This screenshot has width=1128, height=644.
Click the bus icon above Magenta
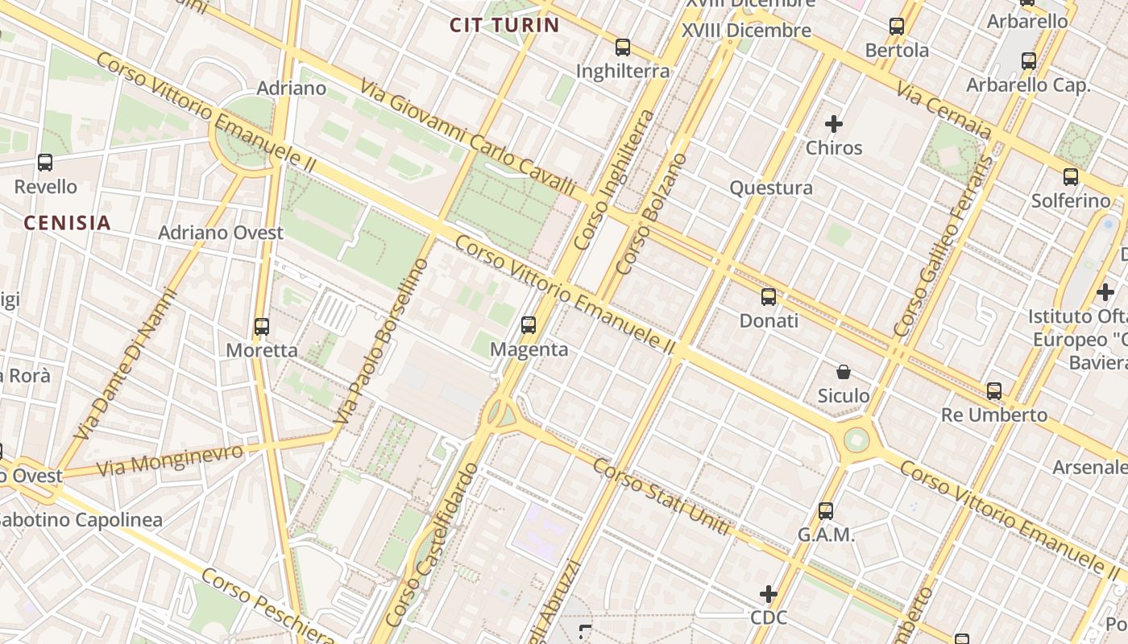(x=529, y=325)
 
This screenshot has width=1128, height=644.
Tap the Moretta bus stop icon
(x=262, y=327)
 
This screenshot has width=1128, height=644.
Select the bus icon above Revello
(x=45, y=163)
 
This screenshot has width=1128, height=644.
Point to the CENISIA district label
(x=67, y=223)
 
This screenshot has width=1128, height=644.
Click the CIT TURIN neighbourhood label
(x=504, y=25)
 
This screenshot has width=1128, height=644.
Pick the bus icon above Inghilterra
(x=622, y=47)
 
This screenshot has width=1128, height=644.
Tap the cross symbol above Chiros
(x=834, y=124)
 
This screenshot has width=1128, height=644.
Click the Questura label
(x=771, y=188)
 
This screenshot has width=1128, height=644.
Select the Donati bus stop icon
(x=769, y=297)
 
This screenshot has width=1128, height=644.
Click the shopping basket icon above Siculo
(x=844, y=372)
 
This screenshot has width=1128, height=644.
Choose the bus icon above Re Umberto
(x=994, y=391)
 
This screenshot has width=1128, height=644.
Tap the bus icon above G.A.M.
(x=826, y=510)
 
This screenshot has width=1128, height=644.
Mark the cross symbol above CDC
(x=769, y=594)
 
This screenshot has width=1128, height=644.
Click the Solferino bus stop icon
(x=1071, y=177)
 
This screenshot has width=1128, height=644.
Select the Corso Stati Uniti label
(x=662, y=497)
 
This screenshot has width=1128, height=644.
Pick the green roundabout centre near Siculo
(x=856, y=440)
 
